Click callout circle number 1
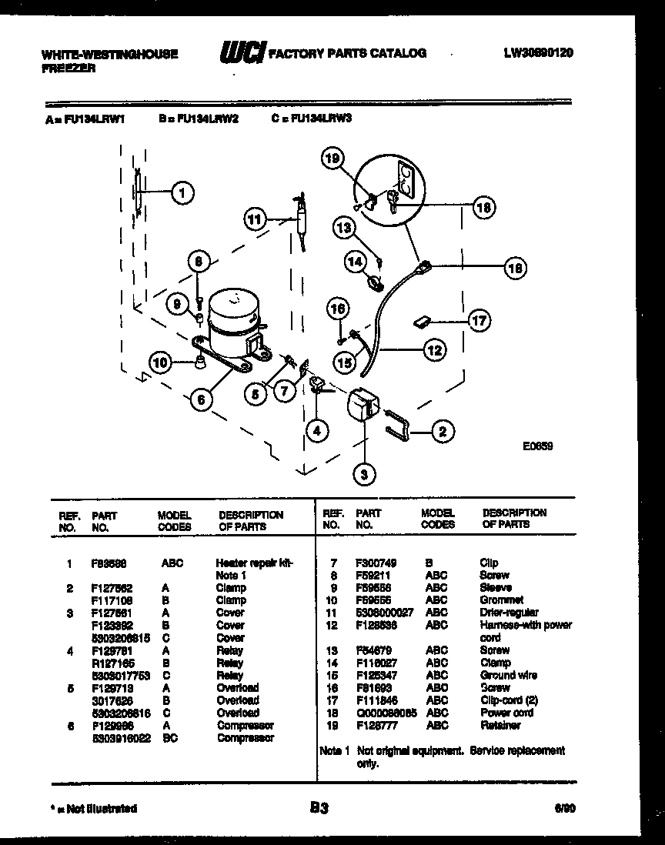coord(182,193)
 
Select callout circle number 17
coord(479,320)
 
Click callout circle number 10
coord(161,363)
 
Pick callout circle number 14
coord(356,262)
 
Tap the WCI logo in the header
coord(242,53)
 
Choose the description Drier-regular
coord(506,613)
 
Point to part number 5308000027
coord(384,613)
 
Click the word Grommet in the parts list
coord(501,600)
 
